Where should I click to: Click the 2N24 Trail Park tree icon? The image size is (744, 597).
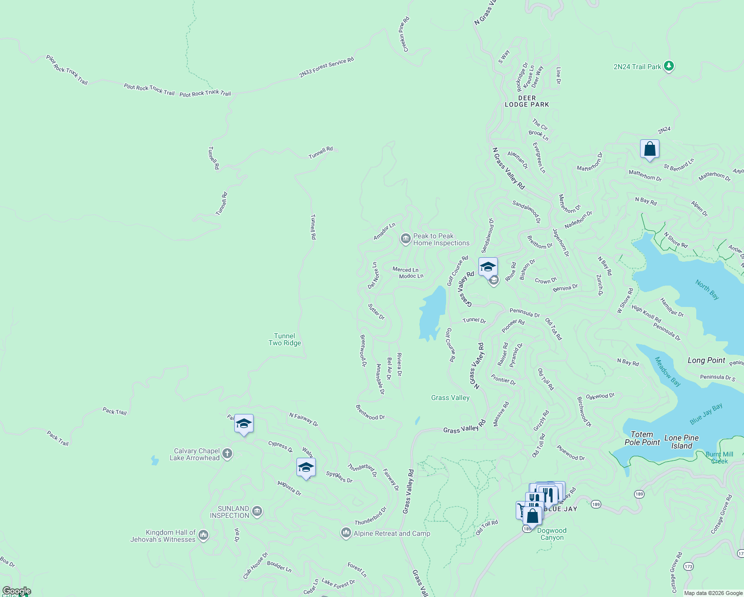coord(669,66)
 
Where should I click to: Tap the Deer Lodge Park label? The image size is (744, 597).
coord(527,101)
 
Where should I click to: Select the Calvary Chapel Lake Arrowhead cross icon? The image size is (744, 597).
coord(227,453)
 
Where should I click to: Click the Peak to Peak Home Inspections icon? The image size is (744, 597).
coord(405,239)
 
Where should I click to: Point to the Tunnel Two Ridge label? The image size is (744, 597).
coord(284,339)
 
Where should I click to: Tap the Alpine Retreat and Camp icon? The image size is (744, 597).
coord(346,533)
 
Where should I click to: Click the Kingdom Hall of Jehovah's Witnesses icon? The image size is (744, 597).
coord(203,535)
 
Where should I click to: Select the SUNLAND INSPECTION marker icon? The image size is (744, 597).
coord(257,511)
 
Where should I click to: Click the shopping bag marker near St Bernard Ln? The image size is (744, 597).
coord(650,149)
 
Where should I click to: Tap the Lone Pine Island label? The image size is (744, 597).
coord(681,442)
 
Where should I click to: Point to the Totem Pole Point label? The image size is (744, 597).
coord(642,438)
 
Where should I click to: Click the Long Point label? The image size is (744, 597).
coord(706,360)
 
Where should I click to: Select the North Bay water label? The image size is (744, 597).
coord(707,290)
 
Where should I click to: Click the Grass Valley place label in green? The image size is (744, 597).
coord(450,398)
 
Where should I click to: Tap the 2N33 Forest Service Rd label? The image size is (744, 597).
coord(326,68)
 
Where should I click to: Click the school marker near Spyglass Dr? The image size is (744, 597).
coord(306,468)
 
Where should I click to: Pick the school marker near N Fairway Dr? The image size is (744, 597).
coord(244,424)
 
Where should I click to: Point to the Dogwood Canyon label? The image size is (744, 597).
coord(552,534)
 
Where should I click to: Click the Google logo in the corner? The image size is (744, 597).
coord(16,591)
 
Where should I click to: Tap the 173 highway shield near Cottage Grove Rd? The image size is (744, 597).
coord(688,566)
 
